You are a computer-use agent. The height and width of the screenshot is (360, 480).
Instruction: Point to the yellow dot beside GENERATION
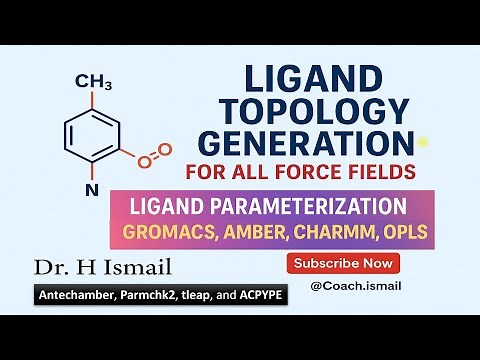pos(423,142)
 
